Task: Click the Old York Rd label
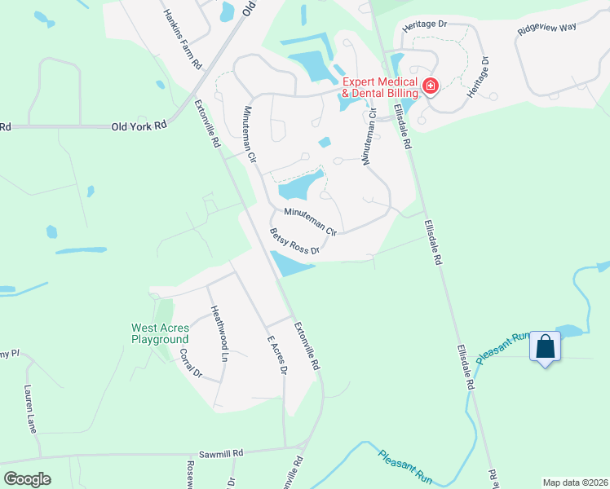pos(139,126)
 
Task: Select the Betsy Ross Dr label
pos(294,242)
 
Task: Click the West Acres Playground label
pos(160,333)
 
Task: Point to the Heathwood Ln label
pos(218,333)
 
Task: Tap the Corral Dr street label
pos(191,363)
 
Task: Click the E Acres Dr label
pos(277,354)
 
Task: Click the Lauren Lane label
pos(32,409)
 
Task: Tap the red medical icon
pos(430,85)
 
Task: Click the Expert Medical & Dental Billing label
pos(379,87)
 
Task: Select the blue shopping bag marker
pos(545,348)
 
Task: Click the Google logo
pos(27,478)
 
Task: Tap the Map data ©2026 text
pos(574,482)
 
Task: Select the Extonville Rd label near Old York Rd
pos(207,123)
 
